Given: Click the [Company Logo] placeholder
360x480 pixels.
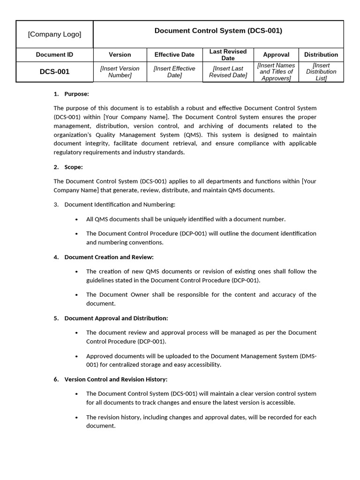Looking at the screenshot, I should coord(54,34).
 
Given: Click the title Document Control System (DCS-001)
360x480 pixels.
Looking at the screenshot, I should coord(218,31).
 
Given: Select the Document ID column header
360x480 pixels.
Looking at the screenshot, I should coord(54,55).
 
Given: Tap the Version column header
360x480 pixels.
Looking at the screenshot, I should coord(120,55).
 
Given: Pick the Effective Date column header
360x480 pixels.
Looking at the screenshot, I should coord(174,55).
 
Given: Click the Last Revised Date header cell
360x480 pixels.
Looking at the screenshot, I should coord(228,55).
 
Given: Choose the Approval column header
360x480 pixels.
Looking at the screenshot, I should coord(276,55).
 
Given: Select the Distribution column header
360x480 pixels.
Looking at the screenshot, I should coord(321,55).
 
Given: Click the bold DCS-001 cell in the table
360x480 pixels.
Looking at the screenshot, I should coord(54,72).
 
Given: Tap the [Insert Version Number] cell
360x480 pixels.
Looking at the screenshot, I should coord(120,72).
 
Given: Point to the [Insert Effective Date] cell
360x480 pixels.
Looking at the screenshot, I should coord(174,72).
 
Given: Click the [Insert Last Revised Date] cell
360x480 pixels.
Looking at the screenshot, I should coord(228,72).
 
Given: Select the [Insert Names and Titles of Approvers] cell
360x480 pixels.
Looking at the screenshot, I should coord(276,72).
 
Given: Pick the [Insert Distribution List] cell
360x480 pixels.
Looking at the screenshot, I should coord(321,72).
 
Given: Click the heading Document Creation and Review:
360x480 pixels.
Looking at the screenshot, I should coord(109,257).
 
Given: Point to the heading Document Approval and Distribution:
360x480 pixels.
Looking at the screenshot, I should coord(116,318).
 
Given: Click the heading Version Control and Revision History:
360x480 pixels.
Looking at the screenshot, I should coord(115,380).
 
